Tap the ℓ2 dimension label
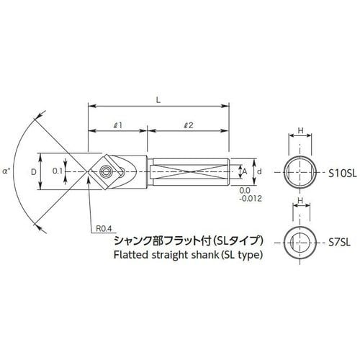tap(188, 124)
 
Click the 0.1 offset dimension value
tap(58, 171)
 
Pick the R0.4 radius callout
tap(106, 229)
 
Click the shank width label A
tap(244, 171)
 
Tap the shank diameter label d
tap(258, 171)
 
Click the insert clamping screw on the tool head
tap(107, 172)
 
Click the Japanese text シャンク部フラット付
tap(151, 240)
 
